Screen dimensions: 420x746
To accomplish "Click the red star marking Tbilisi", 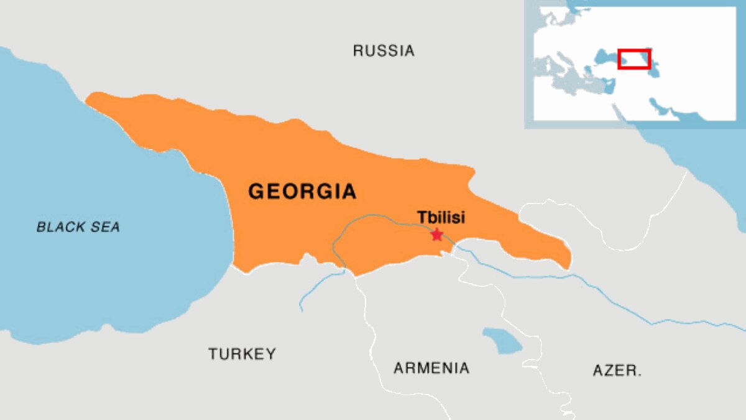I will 437,235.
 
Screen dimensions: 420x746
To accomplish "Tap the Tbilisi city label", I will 441,218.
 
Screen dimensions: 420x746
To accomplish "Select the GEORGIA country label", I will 302,191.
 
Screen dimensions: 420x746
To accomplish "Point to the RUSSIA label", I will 384,51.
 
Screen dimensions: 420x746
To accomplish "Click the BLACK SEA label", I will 78,227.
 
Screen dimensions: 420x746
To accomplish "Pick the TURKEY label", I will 242,354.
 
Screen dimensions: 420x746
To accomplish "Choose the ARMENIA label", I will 431,368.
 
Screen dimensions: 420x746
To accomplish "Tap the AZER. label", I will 617,371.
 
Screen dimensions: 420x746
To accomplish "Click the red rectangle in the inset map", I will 633,58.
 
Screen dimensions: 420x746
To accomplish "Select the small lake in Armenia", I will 502,340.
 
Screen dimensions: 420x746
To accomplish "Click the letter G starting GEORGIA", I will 257,191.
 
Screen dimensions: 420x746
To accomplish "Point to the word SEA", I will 106,227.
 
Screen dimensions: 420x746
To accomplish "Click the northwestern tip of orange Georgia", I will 88,100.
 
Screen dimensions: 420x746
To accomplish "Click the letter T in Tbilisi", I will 421,218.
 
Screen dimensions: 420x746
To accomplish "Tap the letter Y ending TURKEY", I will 270,354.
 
